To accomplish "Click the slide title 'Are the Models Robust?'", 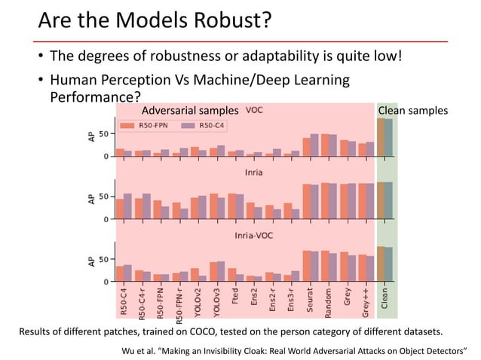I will click(153, 21).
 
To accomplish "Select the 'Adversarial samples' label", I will click(190, 111).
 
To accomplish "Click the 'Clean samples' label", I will click(412, 111).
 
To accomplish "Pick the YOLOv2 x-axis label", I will click(195, 302).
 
